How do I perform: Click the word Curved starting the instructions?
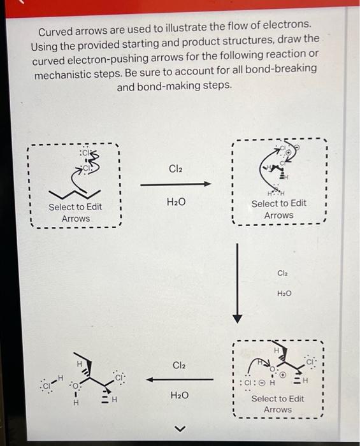[x=55, y=31]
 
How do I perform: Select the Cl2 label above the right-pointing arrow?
[x=175, y=169]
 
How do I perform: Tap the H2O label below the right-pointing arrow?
[x=175, y=202]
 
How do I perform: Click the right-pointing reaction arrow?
[x=175, y=185]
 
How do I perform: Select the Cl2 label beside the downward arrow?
[x=284, y=273]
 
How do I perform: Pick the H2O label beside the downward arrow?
[x=284, y=293]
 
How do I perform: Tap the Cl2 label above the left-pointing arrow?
[x=180, y=365]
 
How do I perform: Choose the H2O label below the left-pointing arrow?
[x=180, y=396]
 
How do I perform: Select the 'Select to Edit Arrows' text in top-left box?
[x=75, y=213]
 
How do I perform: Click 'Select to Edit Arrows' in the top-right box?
[x=278, y=209]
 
